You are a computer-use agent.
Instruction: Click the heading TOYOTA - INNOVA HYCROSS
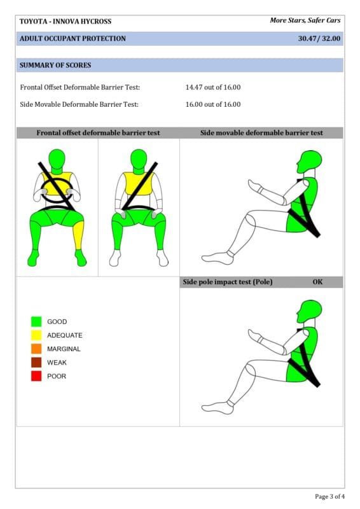click(66, 22)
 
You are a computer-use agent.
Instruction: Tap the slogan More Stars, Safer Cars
click(305, 20)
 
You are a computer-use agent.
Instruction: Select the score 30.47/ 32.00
click(319, 38)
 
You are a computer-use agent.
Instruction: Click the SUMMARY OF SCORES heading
click(55, 65)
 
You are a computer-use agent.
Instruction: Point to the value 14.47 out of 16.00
click(213, 87)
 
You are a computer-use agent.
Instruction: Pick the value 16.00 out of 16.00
click(213, 104)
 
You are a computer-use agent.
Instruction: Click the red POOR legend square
click(36, 376)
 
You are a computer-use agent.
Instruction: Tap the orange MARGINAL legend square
click(36, 349)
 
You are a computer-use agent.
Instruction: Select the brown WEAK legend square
click(36, 362)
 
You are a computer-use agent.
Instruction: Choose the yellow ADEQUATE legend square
click(36, 335)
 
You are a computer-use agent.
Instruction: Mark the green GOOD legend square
click(36, 321)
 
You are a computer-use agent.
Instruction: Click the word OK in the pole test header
click(317, 282)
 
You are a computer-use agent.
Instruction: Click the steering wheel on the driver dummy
click(57, 191)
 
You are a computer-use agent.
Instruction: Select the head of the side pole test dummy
click(310, 312)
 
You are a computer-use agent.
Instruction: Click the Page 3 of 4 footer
click(329, 496)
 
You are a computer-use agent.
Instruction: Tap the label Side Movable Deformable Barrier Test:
click(80, 104)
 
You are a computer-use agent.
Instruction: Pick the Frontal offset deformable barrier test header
click(98, 133)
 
